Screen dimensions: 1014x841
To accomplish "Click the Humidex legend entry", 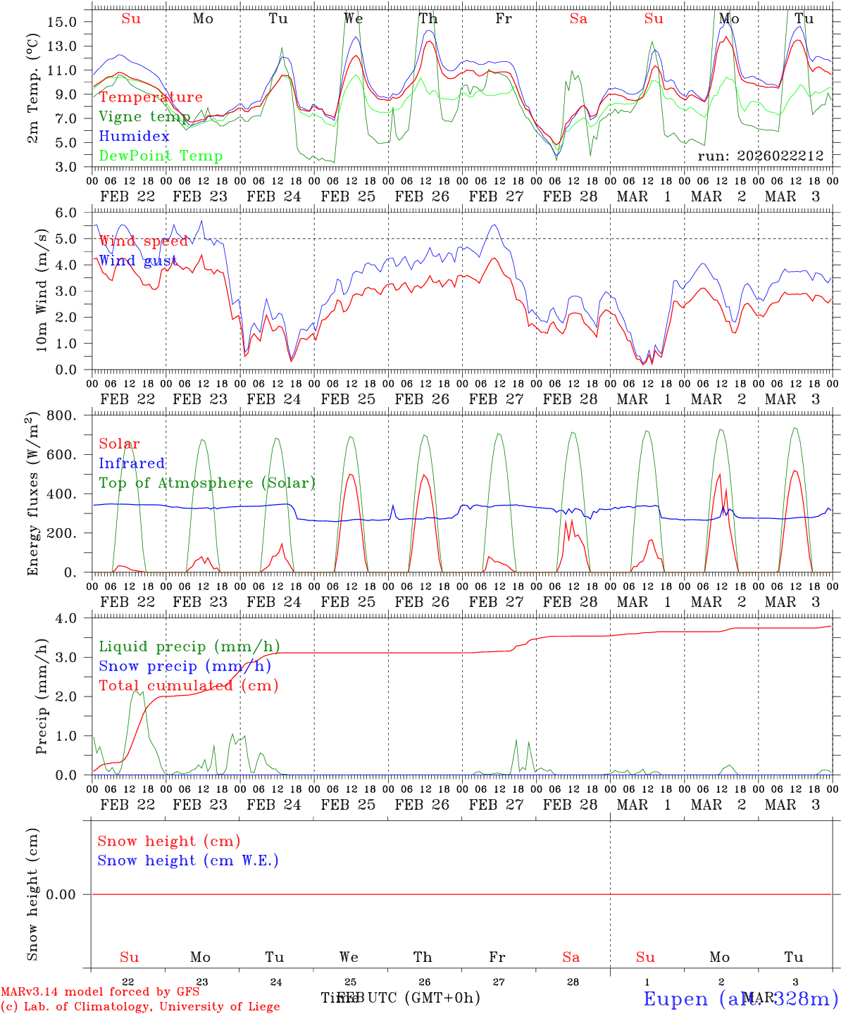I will click(x=135, y=137).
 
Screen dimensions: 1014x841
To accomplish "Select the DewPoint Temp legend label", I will click(x=161, y=156).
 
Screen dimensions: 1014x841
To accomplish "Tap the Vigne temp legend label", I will click(x=144, y=117).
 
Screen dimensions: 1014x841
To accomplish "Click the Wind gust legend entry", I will click(x=138, y=261).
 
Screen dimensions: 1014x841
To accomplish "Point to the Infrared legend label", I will click(x=132, y=463).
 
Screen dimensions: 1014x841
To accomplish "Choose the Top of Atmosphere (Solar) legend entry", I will click(x=207, y=483).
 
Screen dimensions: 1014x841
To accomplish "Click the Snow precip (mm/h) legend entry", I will click(x=185, y=666).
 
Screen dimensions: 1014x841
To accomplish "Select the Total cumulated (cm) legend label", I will click(x=188, y=686).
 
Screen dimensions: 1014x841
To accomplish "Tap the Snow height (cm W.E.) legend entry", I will click(x=188, y=860).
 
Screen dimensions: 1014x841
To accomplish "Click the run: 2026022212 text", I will click(x=760, y=156).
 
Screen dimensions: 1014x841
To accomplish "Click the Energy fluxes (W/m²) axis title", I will click(x=33, y=495).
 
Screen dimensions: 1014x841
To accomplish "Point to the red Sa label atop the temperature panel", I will click(x=578, y=19).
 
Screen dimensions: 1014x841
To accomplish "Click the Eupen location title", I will click(x=740, y=999).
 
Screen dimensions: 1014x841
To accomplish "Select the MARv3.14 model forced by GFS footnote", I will click(x=100, y=992).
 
